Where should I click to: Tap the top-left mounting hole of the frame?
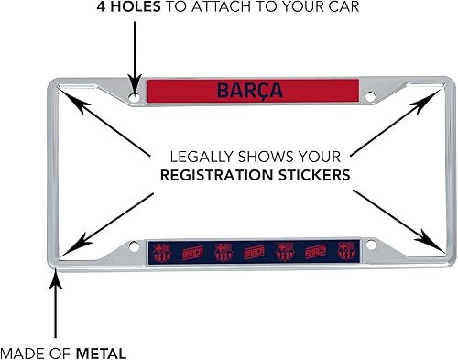click(x=136, y=95)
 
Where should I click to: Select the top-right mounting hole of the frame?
click(x=371, y=95)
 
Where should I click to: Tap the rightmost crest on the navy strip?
click(x=345, y=249)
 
